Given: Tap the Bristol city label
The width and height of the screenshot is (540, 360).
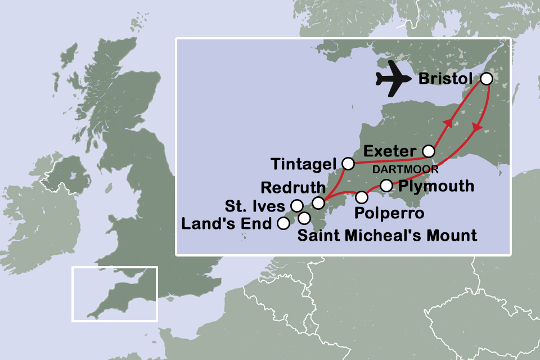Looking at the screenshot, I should (x=445, y=79).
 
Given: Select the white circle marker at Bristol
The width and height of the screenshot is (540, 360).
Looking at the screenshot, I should (x=487, y=79).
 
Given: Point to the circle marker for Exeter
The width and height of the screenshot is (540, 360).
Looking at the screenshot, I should (x=429, y=151).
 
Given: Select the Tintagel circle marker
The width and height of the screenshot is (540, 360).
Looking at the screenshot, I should (x=348, y=164).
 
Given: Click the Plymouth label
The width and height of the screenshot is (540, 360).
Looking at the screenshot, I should (x=435, y=186).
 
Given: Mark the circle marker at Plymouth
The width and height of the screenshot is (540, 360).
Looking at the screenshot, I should (x=386, y=185).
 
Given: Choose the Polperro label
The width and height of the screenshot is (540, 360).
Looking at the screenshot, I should (x=388, y=214).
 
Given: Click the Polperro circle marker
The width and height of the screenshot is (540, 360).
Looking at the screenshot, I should (x=362, y=197).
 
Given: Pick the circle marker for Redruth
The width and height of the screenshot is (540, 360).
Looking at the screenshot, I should (x=318, y=202).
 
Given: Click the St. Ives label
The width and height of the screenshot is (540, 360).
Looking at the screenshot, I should (x=255, y=205).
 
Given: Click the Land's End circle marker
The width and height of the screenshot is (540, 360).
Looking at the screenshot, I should (x=284, y=223).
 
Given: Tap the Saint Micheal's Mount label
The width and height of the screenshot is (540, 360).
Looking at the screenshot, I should (x=387, y=235).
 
